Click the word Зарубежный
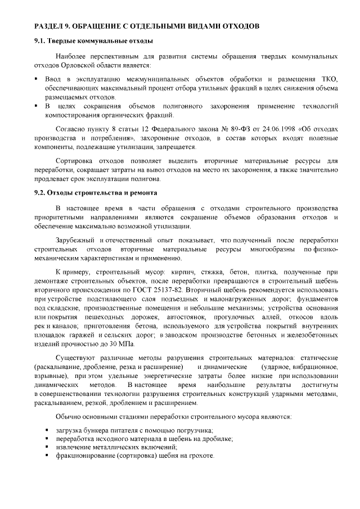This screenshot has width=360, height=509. [x=75, y=240]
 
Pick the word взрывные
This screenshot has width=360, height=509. [x=49, y=376]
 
